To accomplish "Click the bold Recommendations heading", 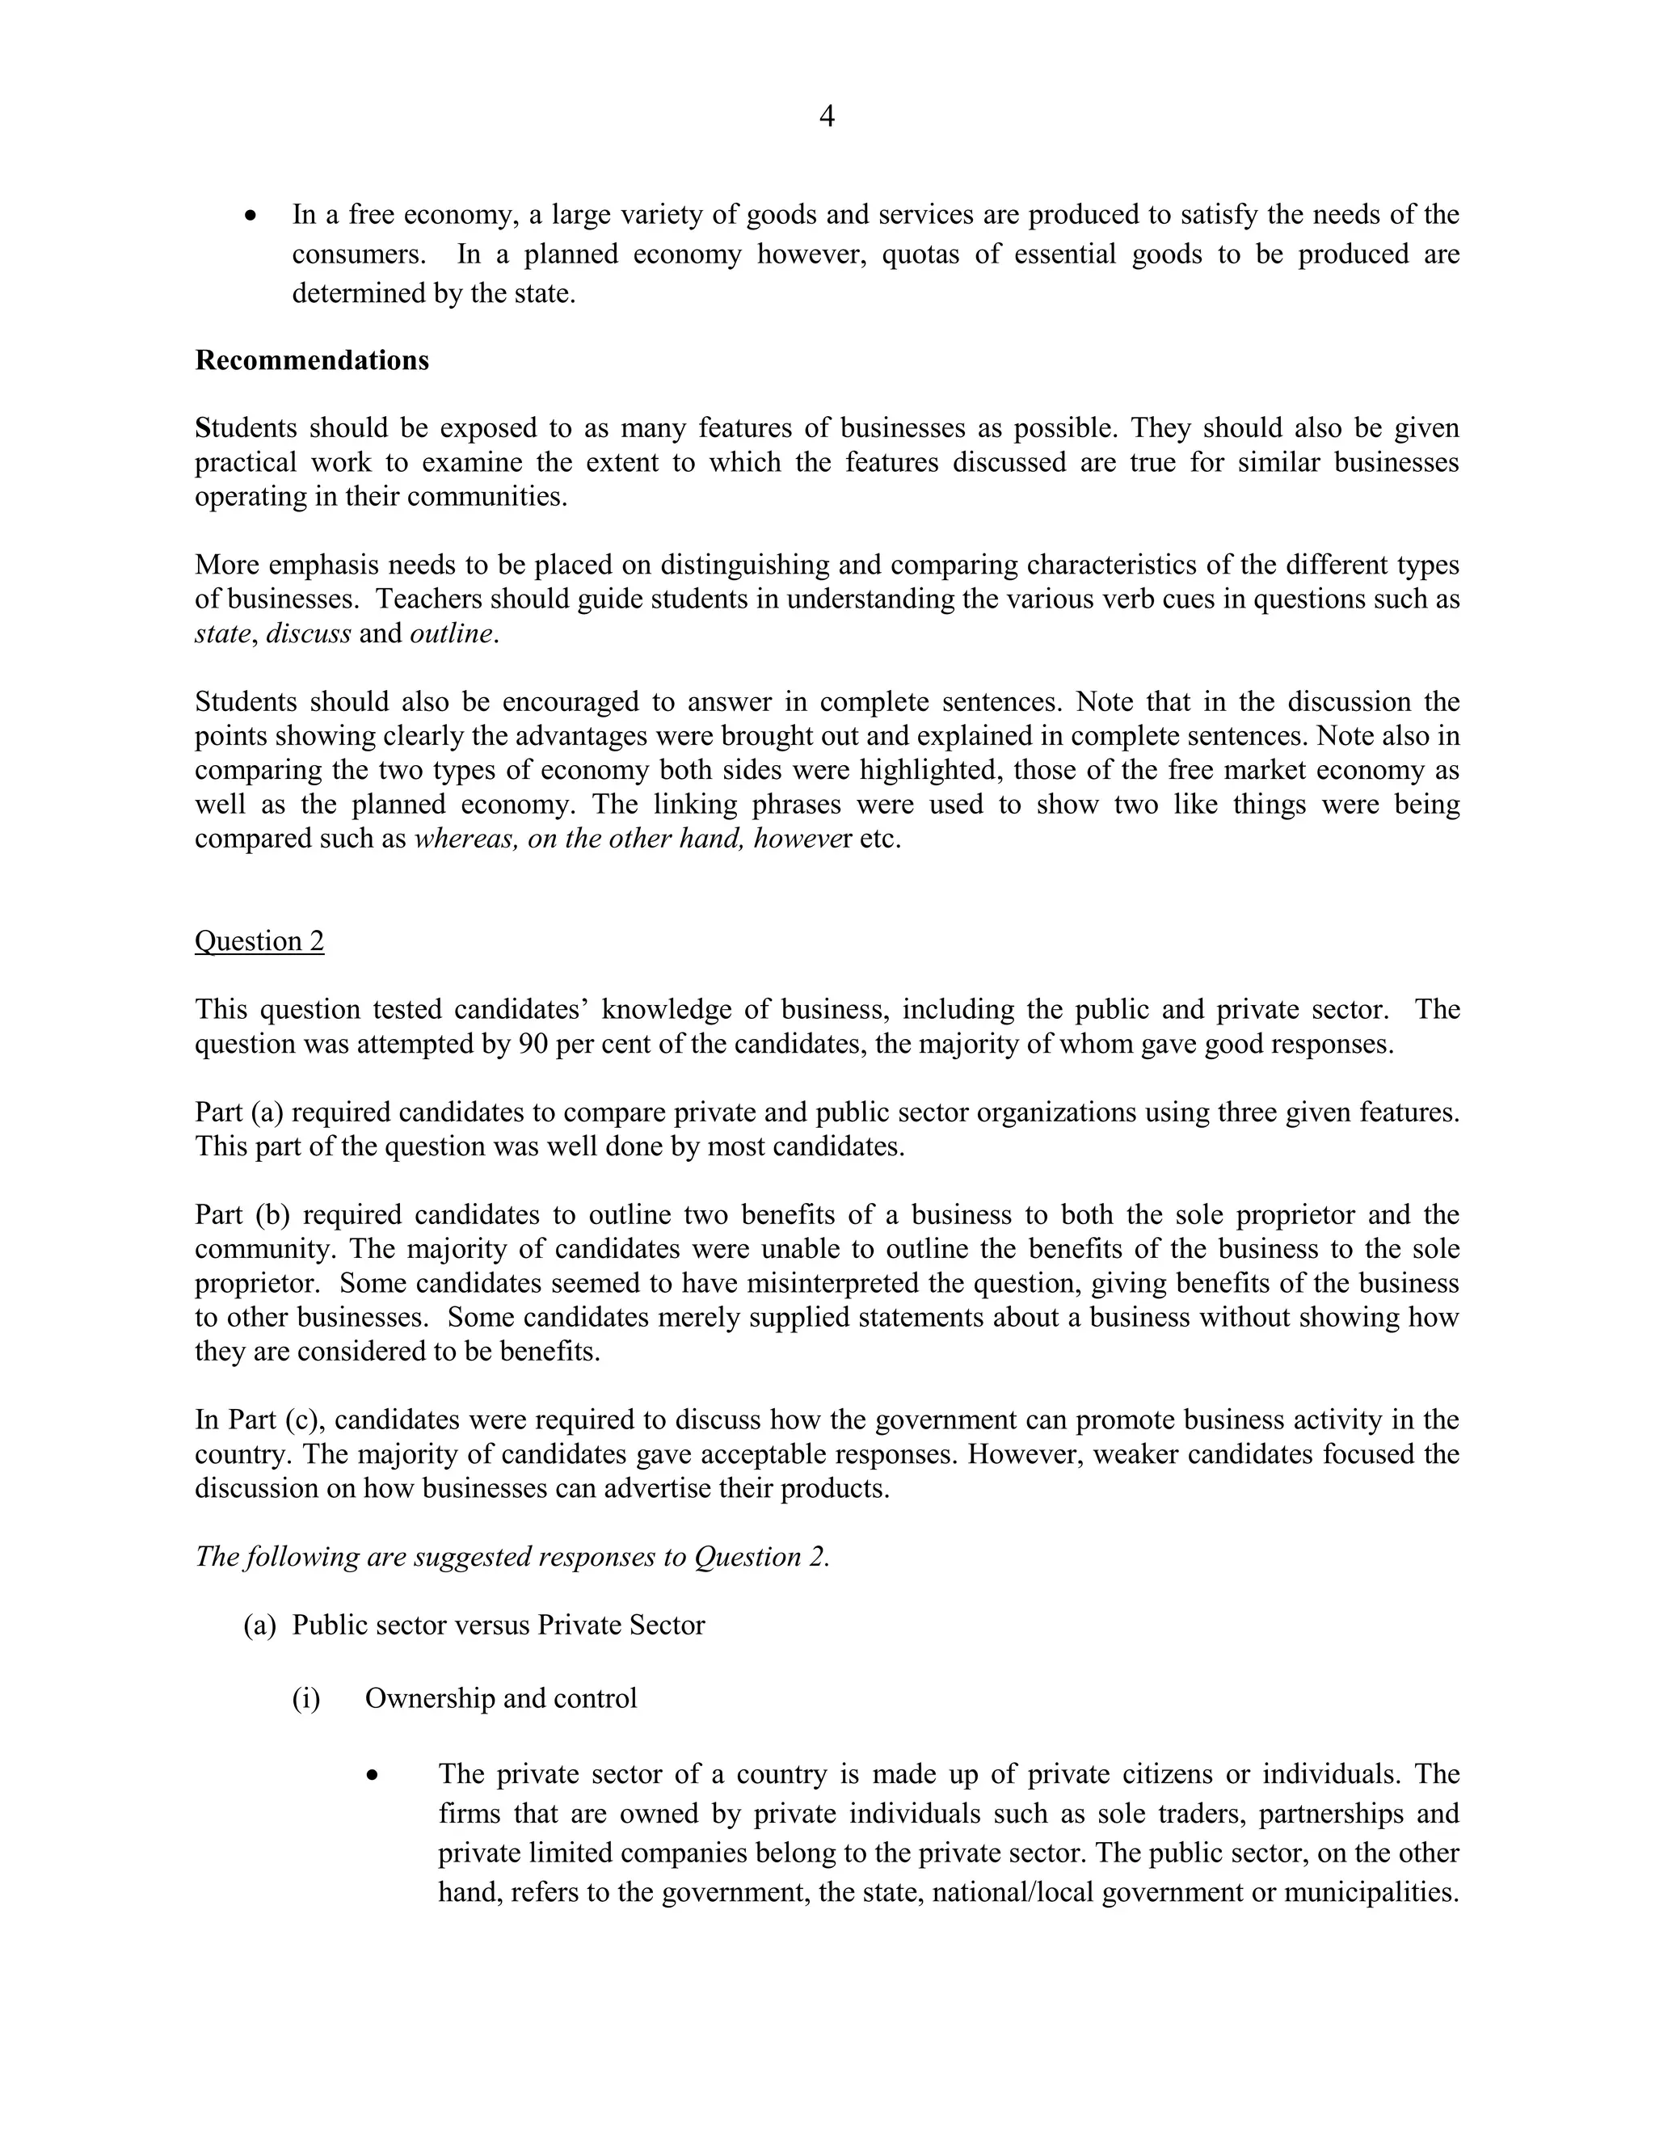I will click(312, 361).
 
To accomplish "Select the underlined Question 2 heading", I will click(259, 941).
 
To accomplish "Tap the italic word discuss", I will click(308, 633).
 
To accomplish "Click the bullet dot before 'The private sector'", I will click(373, 1775).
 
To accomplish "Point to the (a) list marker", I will click(259, 1626).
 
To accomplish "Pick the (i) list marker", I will click(306, 1699).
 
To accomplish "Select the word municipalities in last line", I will click(1371, 1892).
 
